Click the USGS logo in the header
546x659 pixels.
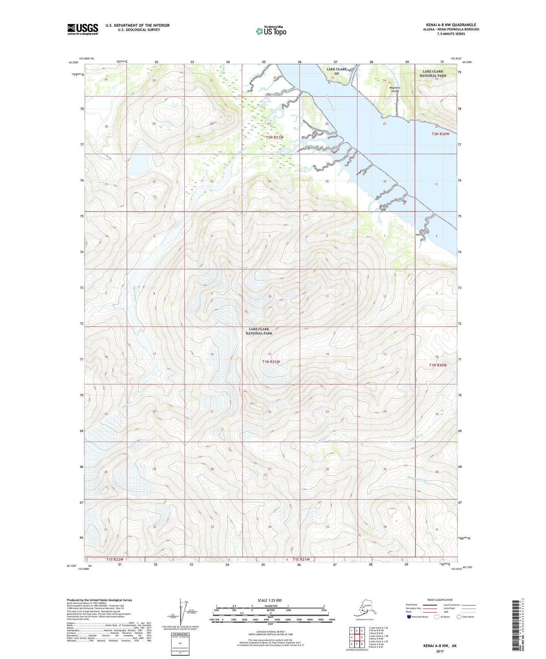click(82, 29)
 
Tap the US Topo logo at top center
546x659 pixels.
click(271, 31)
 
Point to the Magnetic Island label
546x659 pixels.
click(395, 89)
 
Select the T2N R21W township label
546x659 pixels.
click(274, 137)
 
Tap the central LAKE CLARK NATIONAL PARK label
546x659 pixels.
click(259, 331)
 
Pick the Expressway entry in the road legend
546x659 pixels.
click(411, 605)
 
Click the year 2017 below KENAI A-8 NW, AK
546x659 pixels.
click(440, 651)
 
